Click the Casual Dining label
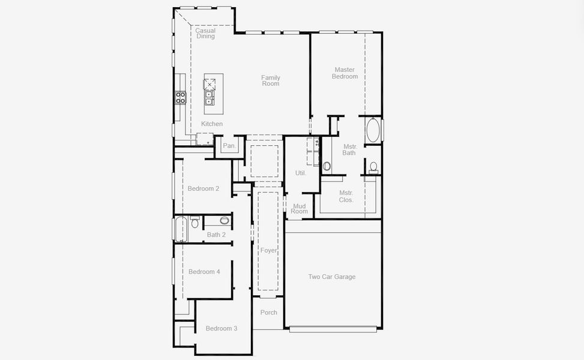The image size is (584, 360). [x=205, y=34]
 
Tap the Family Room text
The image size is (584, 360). [x=271, y=80]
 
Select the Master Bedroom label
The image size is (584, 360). [x=345, y=73]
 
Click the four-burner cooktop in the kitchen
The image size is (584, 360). [x=180, y=98]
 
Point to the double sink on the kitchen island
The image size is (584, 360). [x=209, y=98]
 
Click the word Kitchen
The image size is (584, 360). [x=212, y=124]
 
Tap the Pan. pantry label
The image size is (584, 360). [x=229, y=146]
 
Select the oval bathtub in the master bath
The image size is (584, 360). [x=373, y=130]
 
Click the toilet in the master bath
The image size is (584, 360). [x=373, y=167]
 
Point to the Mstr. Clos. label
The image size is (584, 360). [x=346, y=196]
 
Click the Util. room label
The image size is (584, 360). [x=301, y=173]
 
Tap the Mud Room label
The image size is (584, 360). [x=300, y=209]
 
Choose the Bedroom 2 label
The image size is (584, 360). [x=203, y=188]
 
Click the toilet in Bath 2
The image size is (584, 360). [x=194, y=223]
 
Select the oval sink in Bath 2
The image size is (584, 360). [x=224, y=221]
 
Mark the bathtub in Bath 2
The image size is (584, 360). [x=181, y=229]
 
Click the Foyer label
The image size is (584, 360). [x=268, y=250]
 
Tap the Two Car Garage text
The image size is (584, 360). [x=332, y=277]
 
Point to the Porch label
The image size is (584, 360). [x=269, y=313]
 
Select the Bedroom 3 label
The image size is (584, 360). [x=221, y=328]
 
